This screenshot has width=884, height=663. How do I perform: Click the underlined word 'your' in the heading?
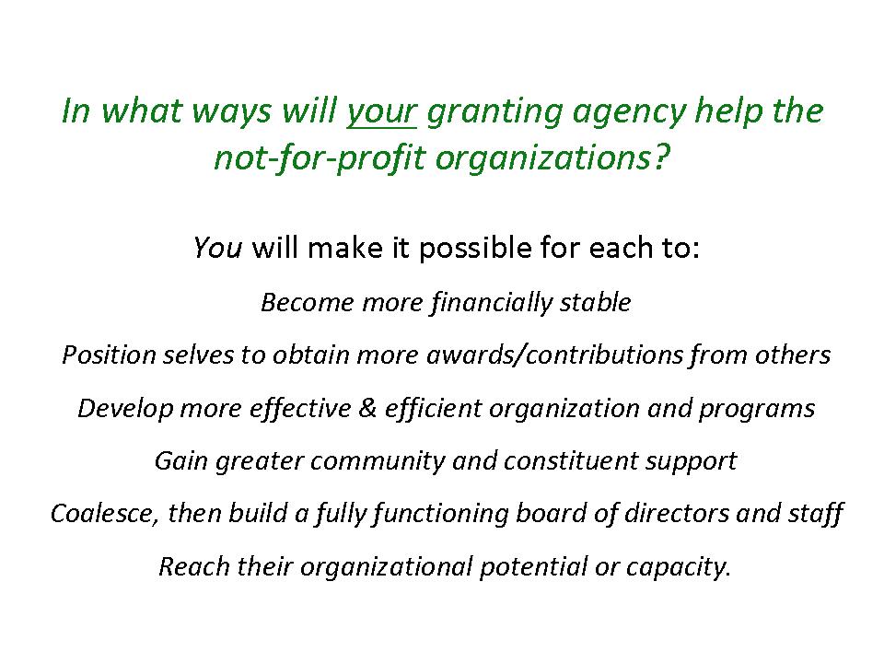coord(381,112)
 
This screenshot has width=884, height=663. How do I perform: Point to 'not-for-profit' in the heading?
coord(320,157)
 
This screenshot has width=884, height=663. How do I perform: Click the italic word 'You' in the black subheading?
coord(217,248)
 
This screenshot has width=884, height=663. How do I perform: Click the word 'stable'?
coord(595,302)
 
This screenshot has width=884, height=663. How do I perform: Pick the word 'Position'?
coord(109,355)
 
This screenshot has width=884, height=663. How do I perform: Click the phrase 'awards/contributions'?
coord(554,355)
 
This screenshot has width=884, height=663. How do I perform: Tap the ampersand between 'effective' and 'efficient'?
coord(367,408)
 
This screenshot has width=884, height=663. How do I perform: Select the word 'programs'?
coord(757,409)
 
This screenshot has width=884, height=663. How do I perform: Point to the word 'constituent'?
coord(571,460)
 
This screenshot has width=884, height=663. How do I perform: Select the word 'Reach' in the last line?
coord(194,566)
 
